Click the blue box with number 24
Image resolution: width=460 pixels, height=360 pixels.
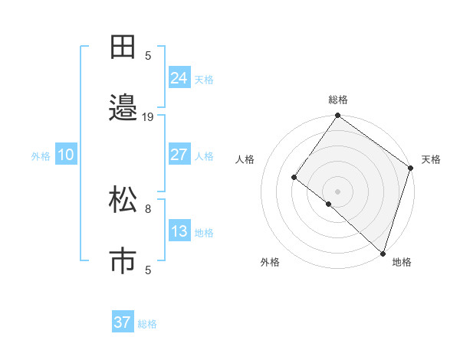(179, 78)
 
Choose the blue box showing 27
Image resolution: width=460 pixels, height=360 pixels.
(179, 155)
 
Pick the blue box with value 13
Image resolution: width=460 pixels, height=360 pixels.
(179, 231)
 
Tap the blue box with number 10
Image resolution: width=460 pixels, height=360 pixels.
(66, 155)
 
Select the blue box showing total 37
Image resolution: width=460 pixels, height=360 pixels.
(123, 322)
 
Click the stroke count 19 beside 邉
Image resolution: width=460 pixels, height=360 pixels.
(148, 117)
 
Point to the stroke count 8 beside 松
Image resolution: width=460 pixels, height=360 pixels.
(148, 208)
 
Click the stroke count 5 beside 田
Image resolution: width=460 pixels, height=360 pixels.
(148, 55)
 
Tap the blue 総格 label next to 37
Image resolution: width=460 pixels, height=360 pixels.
(147, 324)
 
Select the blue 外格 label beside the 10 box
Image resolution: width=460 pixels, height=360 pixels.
(41, 156)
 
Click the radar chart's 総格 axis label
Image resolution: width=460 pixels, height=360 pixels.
(338, 100)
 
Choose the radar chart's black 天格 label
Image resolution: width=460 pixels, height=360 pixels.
(431, 159)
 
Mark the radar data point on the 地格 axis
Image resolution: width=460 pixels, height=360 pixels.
(383, 252)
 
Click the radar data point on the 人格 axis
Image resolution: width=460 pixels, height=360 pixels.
(294, 177)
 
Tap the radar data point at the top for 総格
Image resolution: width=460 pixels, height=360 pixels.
(338, 116)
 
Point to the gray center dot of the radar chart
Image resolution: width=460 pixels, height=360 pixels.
(338, 191)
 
